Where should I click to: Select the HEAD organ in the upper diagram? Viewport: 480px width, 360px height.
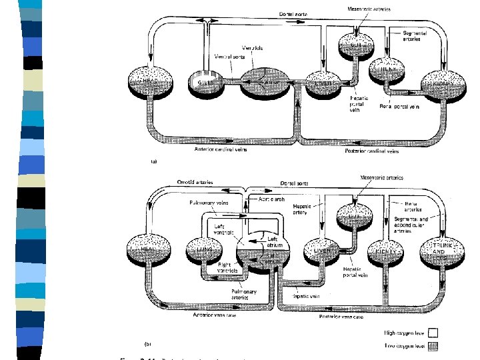[151, 83]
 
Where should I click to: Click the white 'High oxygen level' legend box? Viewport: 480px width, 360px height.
[432, 331]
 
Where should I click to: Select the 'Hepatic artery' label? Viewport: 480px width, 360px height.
[305, 210]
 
